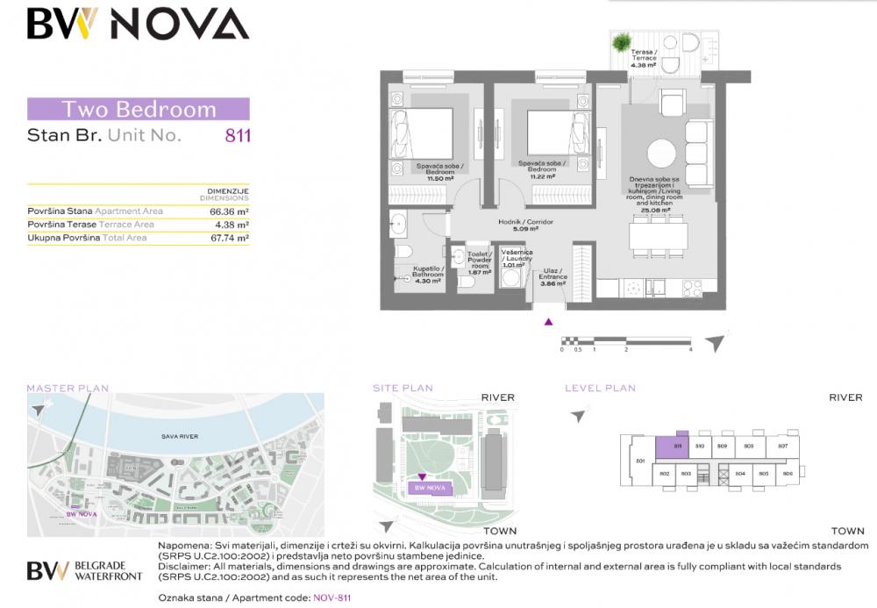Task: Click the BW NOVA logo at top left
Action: (138, 24)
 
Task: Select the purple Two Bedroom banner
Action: (139, 110)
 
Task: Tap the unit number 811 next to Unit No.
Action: (239, 136)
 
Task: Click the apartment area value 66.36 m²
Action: (229, 211)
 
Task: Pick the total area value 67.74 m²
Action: (229, 237)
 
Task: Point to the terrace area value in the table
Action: (232, 225)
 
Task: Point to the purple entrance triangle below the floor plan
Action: (549, 321)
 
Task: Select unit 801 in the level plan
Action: (640, 461)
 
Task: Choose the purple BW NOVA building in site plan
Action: (430, 488)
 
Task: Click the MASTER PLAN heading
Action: (68, 388)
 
